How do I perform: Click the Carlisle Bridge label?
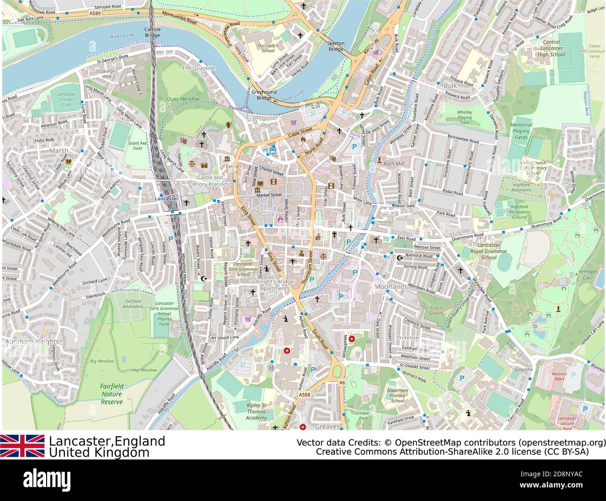click(152, 32)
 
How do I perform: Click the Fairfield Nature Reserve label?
click(112, 394)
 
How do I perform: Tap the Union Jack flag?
click(22, 445)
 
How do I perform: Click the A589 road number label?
click(95, 14)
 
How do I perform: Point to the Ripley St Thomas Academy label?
click(256, 411)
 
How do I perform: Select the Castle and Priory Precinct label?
click(210, 181)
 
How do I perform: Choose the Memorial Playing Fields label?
click(521, 131)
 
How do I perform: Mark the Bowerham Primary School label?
click(397, 395)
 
